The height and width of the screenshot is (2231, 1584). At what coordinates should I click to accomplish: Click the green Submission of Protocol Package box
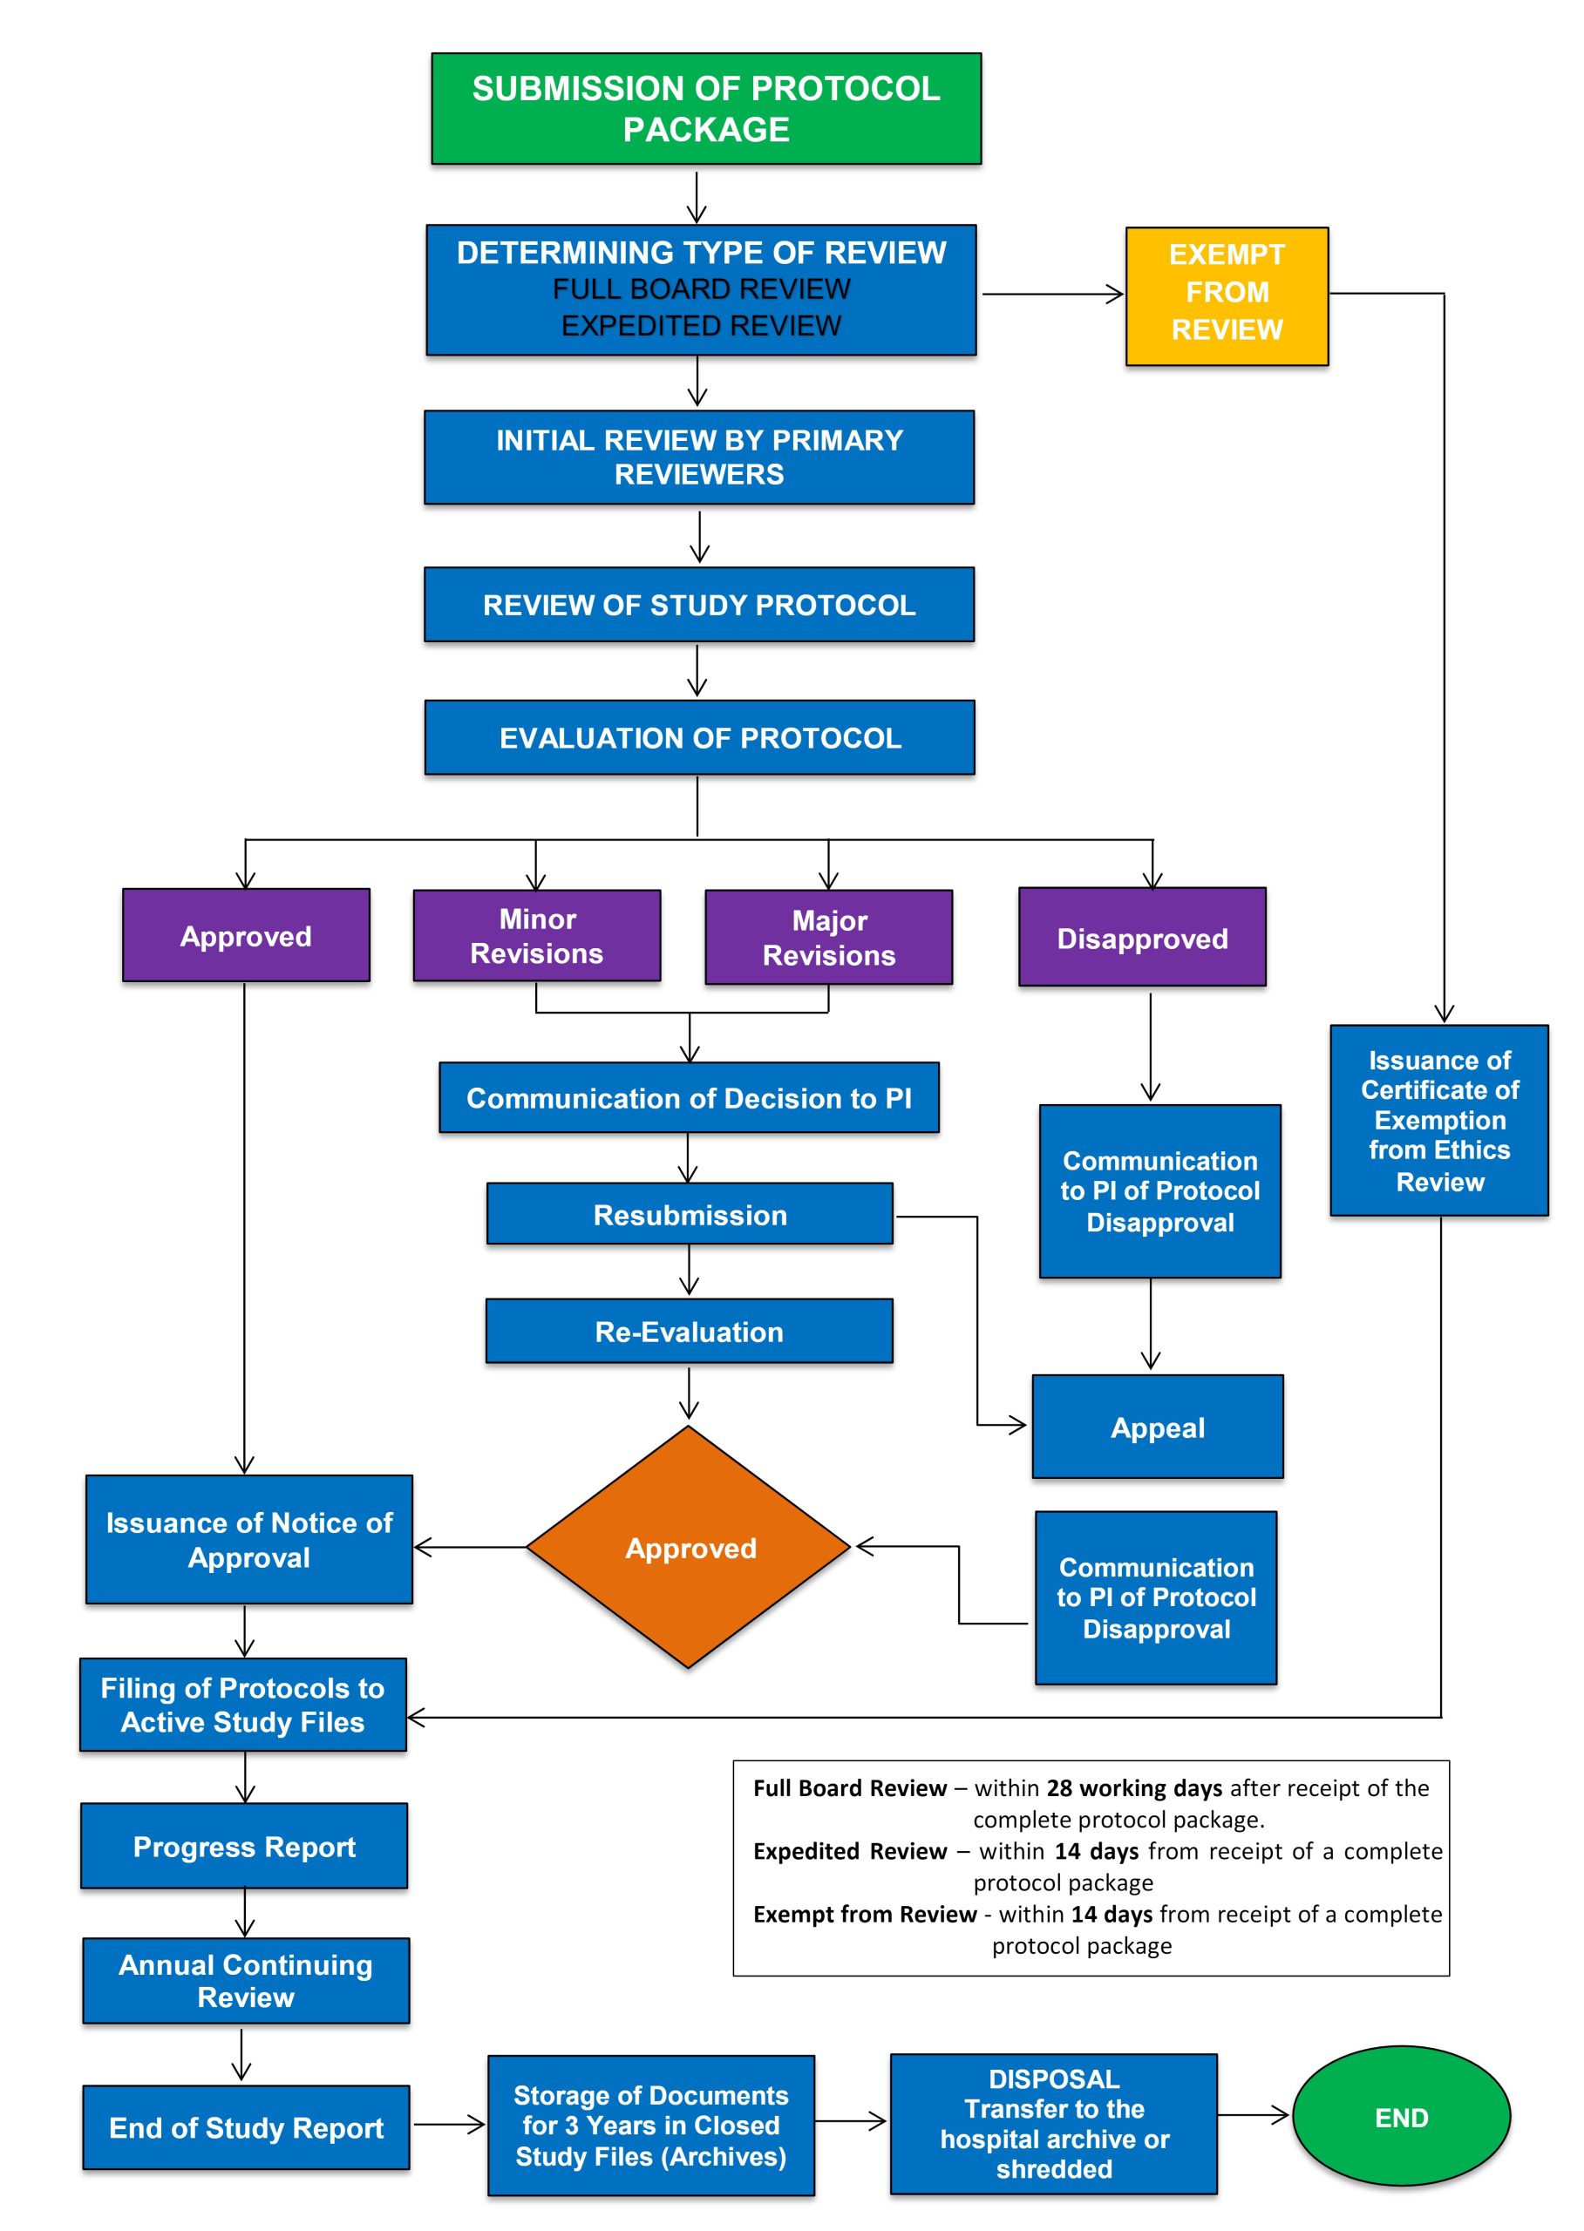(x=706, y=108)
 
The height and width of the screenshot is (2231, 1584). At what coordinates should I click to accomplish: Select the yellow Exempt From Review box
(x=1227, y=296)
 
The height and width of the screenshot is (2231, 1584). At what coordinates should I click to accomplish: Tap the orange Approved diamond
(x=689, y=1548)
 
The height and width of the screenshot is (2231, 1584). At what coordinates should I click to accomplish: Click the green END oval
(x=1402, y=2117)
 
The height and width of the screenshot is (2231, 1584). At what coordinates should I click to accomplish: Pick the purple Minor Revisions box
(x=537, y=936)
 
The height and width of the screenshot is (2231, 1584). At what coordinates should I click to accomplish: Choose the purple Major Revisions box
(x=829, y=937)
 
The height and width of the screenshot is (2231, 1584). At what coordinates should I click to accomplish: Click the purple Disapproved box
(x=1142, y=937)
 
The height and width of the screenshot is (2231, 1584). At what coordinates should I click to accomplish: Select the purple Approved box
(x=246, y=935)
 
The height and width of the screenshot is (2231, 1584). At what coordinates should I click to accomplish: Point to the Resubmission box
(x=690, y=1214)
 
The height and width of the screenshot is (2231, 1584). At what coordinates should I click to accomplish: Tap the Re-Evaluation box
(x=690, y=1331)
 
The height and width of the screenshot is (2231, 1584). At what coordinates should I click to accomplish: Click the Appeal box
(x=1158, y=1427)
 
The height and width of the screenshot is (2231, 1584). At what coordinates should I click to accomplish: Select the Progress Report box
(x=244, y=1846)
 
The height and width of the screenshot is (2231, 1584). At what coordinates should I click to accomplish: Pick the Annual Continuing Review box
(x=246, y=1980)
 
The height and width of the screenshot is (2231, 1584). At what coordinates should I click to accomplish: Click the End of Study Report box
(x=246, y=2127)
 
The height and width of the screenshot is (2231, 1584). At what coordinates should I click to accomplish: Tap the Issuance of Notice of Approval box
(x=248, y=1540)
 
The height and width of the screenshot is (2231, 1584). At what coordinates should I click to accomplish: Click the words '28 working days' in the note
(x=1134, y=1788)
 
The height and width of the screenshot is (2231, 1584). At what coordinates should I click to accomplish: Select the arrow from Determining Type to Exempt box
(x=1053, y=294)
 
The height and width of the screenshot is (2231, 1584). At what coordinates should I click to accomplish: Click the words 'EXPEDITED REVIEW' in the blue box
(x=700, y=326)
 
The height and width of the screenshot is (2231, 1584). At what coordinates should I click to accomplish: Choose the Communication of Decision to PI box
(x=689, y=1098)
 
